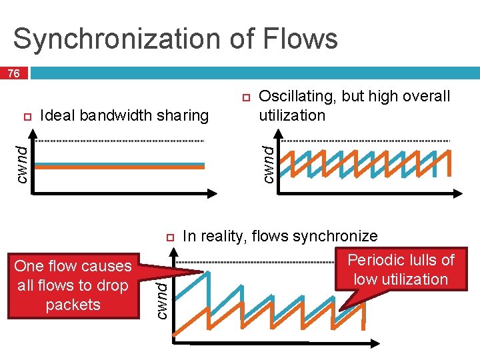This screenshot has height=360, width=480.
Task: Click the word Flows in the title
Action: [301, 39]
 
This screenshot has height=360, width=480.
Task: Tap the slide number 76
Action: [13, 74]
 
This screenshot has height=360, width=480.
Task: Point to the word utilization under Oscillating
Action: [292, 115]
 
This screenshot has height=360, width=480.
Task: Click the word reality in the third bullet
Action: [223, 236]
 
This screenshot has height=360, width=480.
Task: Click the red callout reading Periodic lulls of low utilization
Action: [401, 269]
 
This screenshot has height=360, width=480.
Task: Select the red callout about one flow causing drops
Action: [73, 285]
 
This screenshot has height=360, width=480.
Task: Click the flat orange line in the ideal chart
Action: [120, 167]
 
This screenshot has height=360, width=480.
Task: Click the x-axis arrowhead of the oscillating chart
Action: [458, 193]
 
